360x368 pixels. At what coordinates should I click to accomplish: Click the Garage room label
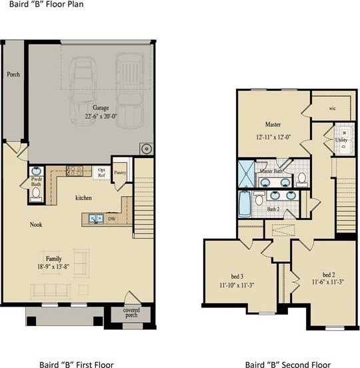click(101, 108)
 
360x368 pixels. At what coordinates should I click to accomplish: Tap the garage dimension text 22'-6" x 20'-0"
click(101, 116)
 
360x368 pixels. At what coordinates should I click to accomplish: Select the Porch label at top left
click(13, 75)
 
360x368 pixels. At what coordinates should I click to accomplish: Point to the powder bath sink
click(36, 171)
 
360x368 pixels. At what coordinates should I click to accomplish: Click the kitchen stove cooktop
click(75, 171)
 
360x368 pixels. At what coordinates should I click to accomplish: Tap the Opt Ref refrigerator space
click(101, 173)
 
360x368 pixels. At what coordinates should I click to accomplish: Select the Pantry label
click(120, 173)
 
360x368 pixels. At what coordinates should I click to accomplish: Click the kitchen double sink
click(96, 219)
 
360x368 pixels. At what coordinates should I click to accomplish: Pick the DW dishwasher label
click(112, 219)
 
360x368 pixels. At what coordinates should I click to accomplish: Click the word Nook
click(36, 225)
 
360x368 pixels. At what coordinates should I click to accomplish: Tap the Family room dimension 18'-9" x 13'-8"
click(53, 267)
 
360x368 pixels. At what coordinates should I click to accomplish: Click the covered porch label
click(131, 313)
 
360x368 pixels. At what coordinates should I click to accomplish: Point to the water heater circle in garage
click(147, 149)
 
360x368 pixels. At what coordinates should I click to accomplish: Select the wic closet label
click(332, 108)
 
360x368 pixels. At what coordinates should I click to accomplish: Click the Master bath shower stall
click(246, 174)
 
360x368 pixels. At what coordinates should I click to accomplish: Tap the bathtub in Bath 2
click(245, 204)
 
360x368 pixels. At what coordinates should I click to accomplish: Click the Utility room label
click(341, 140)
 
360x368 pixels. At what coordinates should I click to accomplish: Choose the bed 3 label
click(237, 277)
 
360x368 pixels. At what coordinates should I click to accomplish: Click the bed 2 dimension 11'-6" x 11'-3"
click(328, 281)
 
